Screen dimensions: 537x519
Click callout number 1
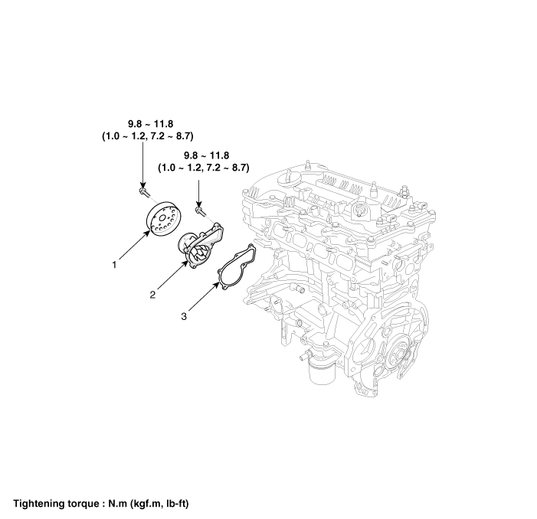(x=115, y=265)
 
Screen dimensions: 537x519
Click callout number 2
(x=152, y=295)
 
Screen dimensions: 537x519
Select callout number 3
(x=184, y=316)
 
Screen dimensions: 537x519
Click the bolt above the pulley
(x=145, y=191)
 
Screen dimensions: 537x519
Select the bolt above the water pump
(x=201, y=211)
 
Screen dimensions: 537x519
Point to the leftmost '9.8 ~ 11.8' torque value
(x=150, y=124)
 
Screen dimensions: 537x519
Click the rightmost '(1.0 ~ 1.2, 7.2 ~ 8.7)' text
(x=204, y=168)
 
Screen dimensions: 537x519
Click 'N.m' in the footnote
(x=117, y=504)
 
